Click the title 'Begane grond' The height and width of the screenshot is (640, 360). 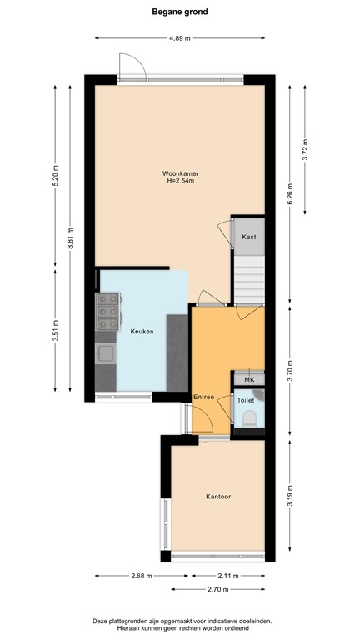tap(180, 12)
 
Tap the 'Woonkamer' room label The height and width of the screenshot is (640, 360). tap(180, 173)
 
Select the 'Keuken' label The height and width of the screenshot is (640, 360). tap(142, 332)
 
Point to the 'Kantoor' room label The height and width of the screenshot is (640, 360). tap(218, 497)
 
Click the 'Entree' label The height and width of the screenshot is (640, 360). tap(203, 397)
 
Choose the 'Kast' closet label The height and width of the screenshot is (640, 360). tap(248, 237)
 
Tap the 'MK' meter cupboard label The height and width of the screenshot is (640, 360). tap(248, 380)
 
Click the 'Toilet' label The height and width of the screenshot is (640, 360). tap(246, 400)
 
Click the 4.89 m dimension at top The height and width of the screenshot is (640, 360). tap(180, 38)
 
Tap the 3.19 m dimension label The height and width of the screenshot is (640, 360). tap(289, 497)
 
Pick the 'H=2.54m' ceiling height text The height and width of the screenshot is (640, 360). tap(180, 182)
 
